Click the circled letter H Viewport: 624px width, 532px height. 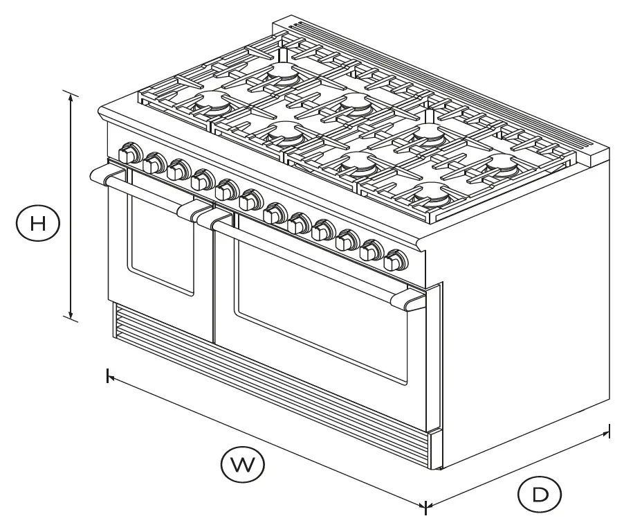38,223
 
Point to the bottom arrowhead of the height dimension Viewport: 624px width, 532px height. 71,317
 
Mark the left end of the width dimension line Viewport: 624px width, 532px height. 108,376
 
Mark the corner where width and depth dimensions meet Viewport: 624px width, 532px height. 425,506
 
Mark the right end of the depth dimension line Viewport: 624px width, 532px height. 608,431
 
